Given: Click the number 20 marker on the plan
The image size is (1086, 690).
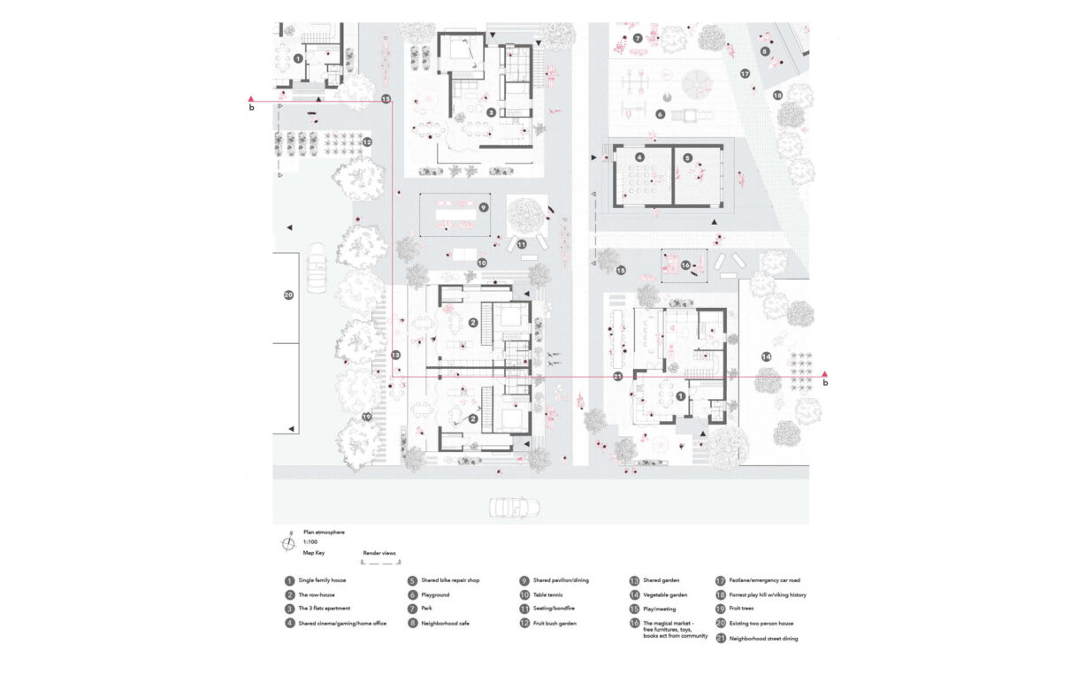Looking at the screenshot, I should (288, 295).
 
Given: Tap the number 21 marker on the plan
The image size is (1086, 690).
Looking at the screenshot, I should (618, 376).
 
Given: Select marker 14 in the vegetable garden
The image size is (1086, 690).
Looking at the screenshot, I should (766, 356).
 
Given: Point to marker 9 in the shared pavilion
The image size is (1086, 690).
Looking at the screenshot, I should (484, 208).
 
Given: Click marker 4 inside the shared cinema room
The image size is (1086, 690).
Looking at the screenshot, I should (639, 157).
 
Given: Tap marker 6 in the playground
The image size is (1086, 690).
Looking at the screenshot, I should (660, 114).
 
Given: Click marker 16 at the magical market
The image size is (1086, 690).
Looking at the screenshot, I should (685, 264).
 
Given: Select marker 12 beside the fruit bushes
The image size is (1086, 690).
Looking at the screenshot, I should (366, 142).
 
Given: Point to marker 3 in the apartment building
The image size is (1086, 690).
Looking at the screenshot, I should (491, 112).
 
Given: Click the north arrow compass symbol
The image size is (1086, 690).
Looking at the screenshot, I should (288, 543).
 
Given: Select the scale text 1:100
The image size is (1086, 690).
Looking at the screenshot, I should (310, 542).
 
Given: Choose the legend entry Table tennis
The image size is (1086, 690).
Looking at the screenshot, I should (547, 594).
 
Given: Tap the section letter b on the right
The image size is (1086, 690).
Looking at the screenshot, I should (825, 384).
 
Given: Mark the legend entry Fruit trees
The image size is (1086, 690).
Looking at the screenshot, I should (743, 609).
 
